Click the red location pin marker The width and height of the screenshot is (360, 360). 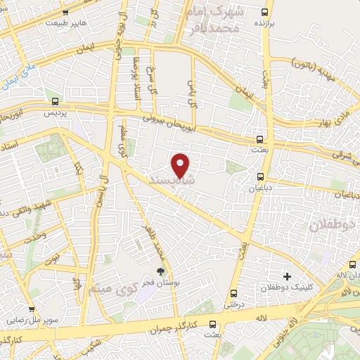(x=181, y=165)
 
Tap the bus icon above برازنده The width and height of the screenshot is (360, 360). (x=264, y=12)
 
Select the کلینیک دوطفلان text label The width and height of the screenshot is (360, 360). (x=285, y=288)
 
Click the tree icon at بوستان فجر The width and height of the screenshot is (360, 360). (x=161, y=271)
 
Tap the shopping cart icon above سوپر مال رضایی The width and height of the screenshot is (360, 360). (x=31, y=308)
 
